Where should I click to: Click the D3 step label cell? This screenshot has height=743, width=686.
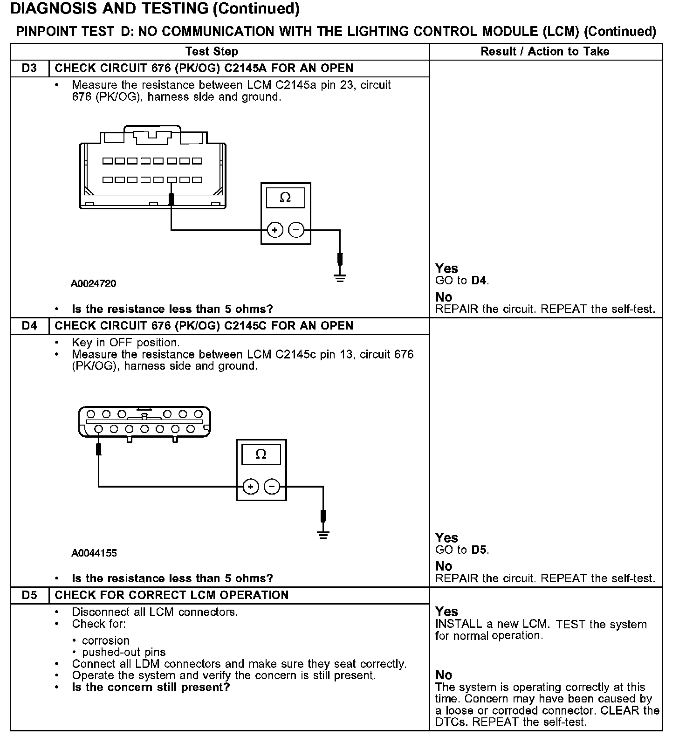(29, 69)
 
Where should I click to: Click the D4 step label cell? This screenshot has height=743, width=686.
(29, 326)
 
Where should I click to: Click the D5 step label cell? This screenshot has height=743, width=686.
(29, 595)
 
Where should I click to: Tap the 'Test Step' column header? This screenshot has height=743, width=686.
(212, 51)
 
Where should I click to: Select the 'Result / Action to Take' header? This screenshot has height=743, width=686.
(545, 51)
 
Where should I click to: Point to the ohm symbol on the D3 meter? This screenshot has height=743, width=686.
(285, 198)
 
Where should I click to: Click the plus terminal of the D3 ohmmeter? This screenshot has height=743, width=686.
(275, 230)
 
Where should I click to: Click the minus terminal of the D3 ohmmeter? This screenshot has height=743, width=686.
(296, 230)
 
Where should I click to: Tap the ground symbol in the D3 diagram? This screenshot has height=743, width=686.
(340, 278)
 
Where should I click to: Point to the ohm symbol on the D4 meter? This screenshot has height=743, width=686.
(261, 454)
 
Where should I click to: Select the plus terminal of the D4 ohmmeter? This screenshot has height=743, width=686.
(251, 487)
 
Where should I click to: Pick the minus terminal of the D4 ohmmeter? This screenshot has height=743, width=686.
(272, 487)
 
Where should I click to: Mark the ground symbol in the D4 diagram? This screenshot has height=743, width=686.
(323, 534)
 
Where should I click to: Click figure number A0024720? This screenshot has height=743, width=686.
(94, 283)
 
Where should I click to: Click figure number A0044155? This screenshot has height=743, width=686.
(94, 553)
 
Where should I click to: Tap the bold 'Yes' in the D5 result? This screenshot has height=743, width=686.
(446, 612)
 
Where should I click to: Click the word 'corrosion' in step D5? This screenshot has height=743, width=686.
(106, 640)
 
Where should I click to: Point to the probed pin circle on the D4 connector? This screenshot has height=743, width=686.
(98, 429)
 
